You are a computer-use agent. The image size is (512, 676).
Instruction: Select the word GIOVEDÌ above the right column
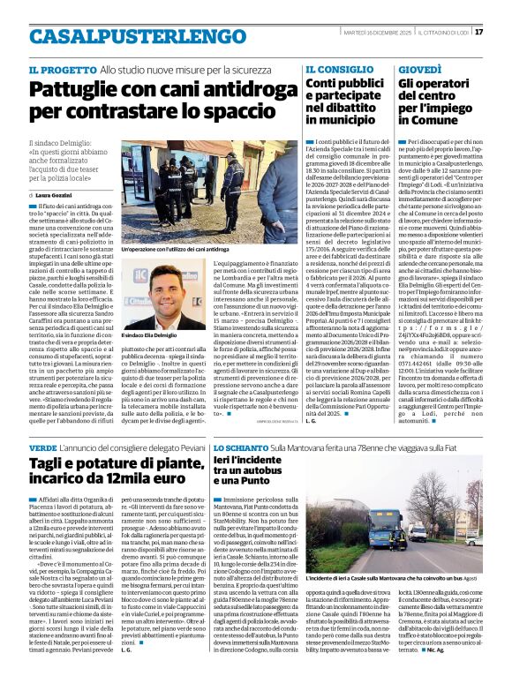click(419, 69)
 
